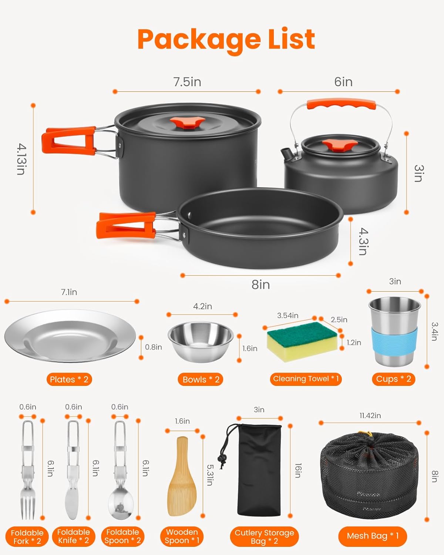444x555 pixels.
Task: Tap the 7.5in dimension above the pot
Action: pyautogui.click(x=187, y=82)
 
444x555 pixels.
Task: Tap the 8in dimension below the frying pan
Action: pyautogui.click(x=260, y=285)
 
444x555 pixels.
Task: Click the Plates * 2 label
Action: pyautogui.click(x=69, y=379)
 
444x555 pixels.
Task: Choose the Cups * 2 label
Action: pyautogui.click(x=393, y=379)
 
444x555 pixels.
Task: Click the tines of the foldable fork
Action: pyautogui.click(x=28, y=503)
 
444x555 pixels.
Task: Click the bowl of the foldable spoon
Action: pyautogui.click(x=120, y=505)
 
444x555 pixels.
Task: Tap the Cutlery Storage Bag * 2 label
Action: pyautogui.click(x=264, y=537)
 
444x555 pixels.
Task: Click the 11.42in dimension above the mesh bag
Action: pyautogui.click(x=370, y=416)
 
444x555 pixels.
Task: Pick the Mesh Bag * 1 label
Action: pyautogui.click(x=373, y=536)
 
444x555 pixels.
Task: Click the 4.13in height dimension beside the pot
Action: pyautogui.click(x=21, y=159)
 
